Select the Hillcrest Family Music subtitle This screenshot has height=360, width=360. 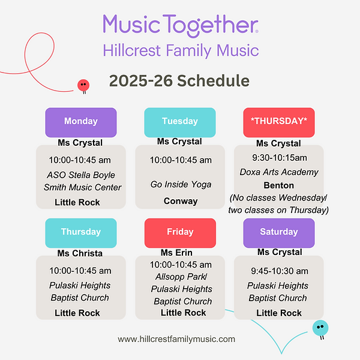pyautogui.click(x=180, y=50)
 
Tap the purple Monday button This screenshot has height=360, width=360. pyautogui.click(x=80, y=122)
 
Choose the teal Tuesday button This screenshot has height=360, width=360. pyautogui.click(x=179, y=122)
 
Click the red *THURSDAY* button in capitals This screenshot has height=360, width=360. pyautogui.click(x=278, y=122)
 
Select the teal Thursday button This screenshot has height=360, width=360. pyautogui.click(x=80, y=232)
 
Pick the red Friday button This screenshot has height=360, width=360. pyautogui.click(x=179, y=232)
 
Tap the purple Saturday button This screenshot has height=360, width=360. pyautogui.click(x=278, y=232)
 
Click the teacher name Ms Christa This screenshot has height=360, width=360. pyautogui.click(x=80, y=253)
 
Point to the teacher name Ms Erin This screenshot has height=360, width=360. pyautogui.click(x=176, y=253)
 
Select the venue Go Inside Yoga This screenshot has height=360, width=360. pyautogui.click(x=181, y=184)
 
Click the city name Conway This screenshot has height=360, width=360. pyautogui.click(x=181, y=201)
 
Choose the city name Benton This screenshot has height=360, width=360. pyautogui.click(x=278, y=185)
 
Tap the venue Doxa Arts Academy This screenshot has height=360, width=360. pyautogui.click(x=278, y=172)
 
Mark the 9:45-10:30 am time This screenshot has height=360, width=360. pyautogui.click(x=278, y=271)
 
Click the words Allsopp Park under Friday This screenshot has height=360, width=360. pyautogui.click(x=179, y=277)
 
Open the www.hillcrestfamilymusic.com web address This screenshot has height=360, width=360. pyautogui.click(x=176, y=339)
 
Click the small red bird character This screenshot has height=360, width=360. pyautogui.click(x=83, y=86)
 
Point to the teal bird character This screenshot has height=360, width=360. pyautogui.click(x=320, y=328)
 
